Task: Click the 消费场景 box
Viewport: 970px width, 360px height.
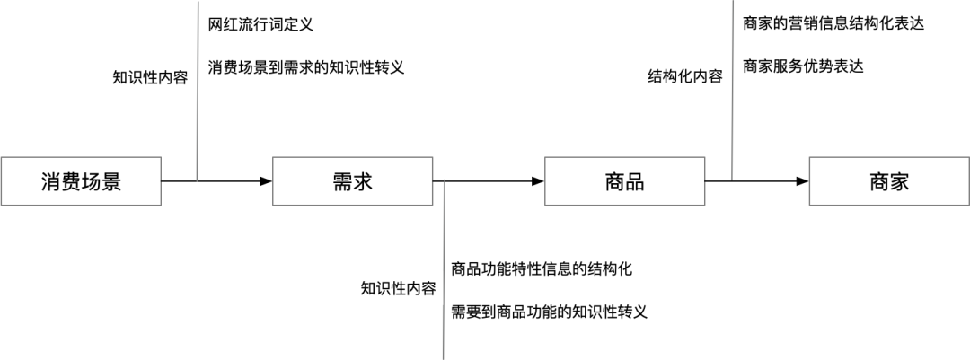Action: pyautogui.click(x=81, y=182)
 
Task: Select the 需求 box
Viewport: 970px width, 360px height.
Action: pyautogui.click(x=352, y=182)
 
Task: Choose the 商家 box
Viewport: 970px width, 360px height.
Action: pyautogui.click(x=888, y=182)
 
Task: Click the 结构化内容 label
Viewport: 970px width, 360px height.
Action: pyautogui.click(x=685, y=77)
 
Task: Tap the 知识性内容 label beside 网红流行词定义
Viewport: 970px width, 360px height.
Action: pyautogui.click(x=150, y=77)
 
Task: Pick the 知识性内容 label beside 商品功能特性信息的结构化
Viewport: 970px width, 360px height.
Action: pyautogui.click(x=398, y=289)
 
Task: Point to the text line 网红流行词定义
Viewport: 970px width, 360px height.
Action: pyautogui.click(x=260, y=25)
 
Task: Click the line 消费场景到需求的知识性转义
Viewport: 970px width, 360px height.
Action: pyautogui.click(x=306, y=68)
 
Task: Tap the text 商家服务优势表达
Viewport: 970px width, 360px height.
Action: pyautogui.click(x=803, y=67)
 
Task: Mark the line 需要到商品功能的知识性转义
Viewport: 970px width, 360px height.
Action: pyautogui.click(x=549, y=312)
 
